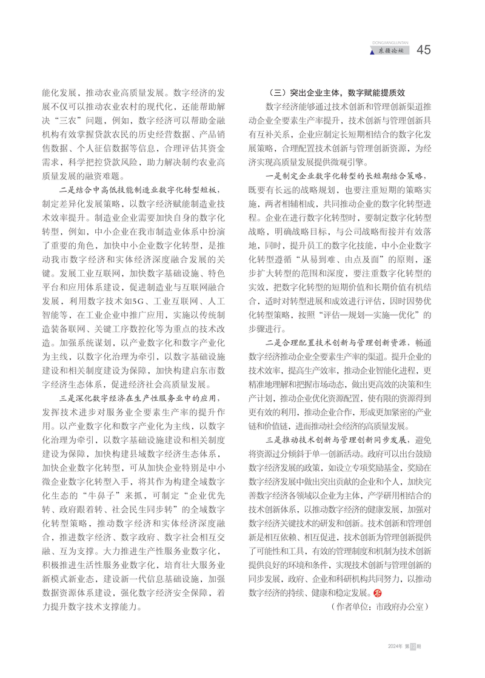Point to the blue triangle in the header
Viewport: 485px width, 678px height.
point(372,52)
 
